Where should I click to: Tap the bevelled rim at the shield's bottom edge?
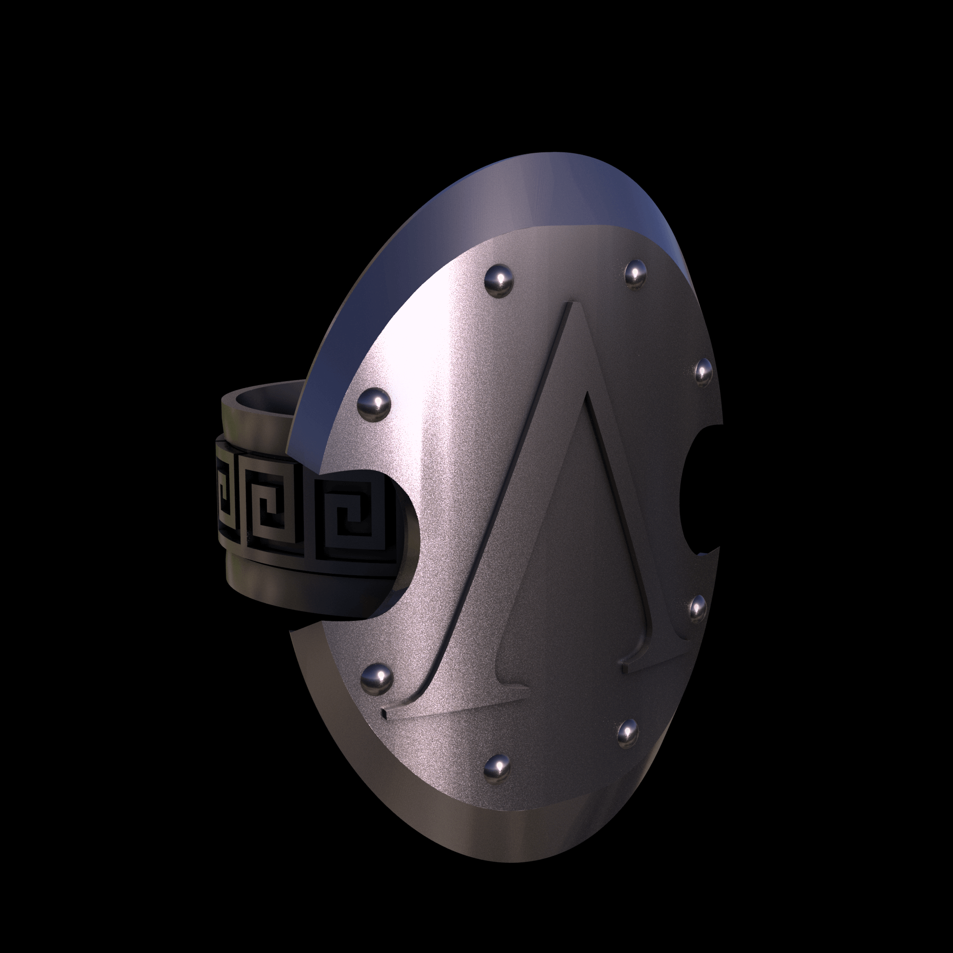(496, 844)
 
